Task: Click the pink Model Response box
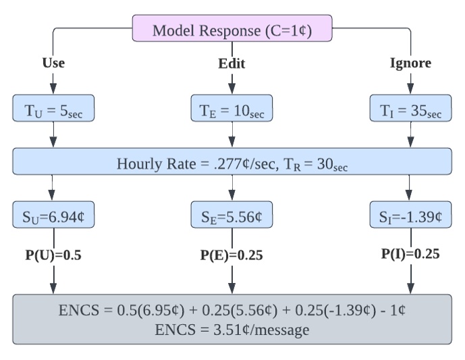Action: (x=232, y=30)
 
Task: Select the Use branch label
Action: (x=53, y=63)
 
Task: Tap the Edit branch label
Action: (x=231, y=64)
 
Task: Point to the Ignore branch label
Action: (x=410, y=63)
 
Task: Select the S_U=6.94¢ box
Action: (x=53, y=217)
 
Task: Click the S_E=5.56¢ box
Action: (x=232, y=217)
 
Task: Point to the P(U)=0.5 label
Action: (x=53, y=255)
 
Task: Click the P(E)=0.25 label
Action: (x=231, y=256)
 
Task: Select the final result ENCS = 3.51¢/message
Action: (x=232, y=330)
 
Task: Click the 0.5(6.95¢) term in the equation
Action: (x=140, y=311)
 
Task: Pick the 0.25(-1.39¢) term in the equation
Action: (x=329, y=311)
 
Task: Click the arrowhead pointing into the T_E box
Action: (x=232, y=91)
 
